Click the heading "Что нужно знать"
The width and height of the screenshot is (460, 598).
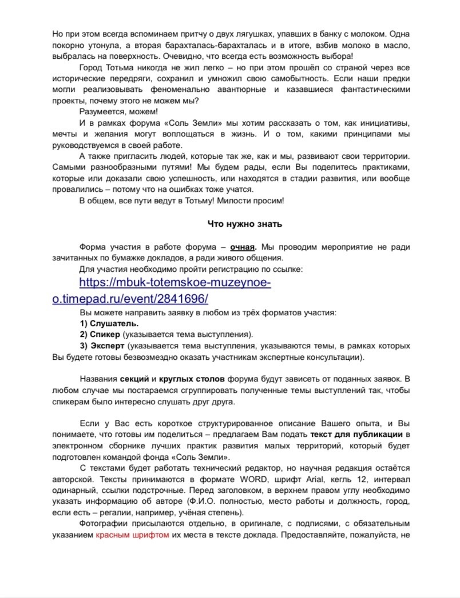coord(244,224)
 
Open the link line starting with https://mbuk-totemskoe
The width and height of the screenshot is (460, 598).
coord(175,283)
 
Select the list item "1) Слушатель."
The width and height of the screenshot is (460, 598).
coord(105,323)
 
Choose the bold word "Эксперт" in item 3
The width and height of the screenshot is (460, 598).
coord(106,346)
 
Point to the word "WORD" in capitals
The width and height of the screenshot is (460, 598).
coord(252,478)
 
